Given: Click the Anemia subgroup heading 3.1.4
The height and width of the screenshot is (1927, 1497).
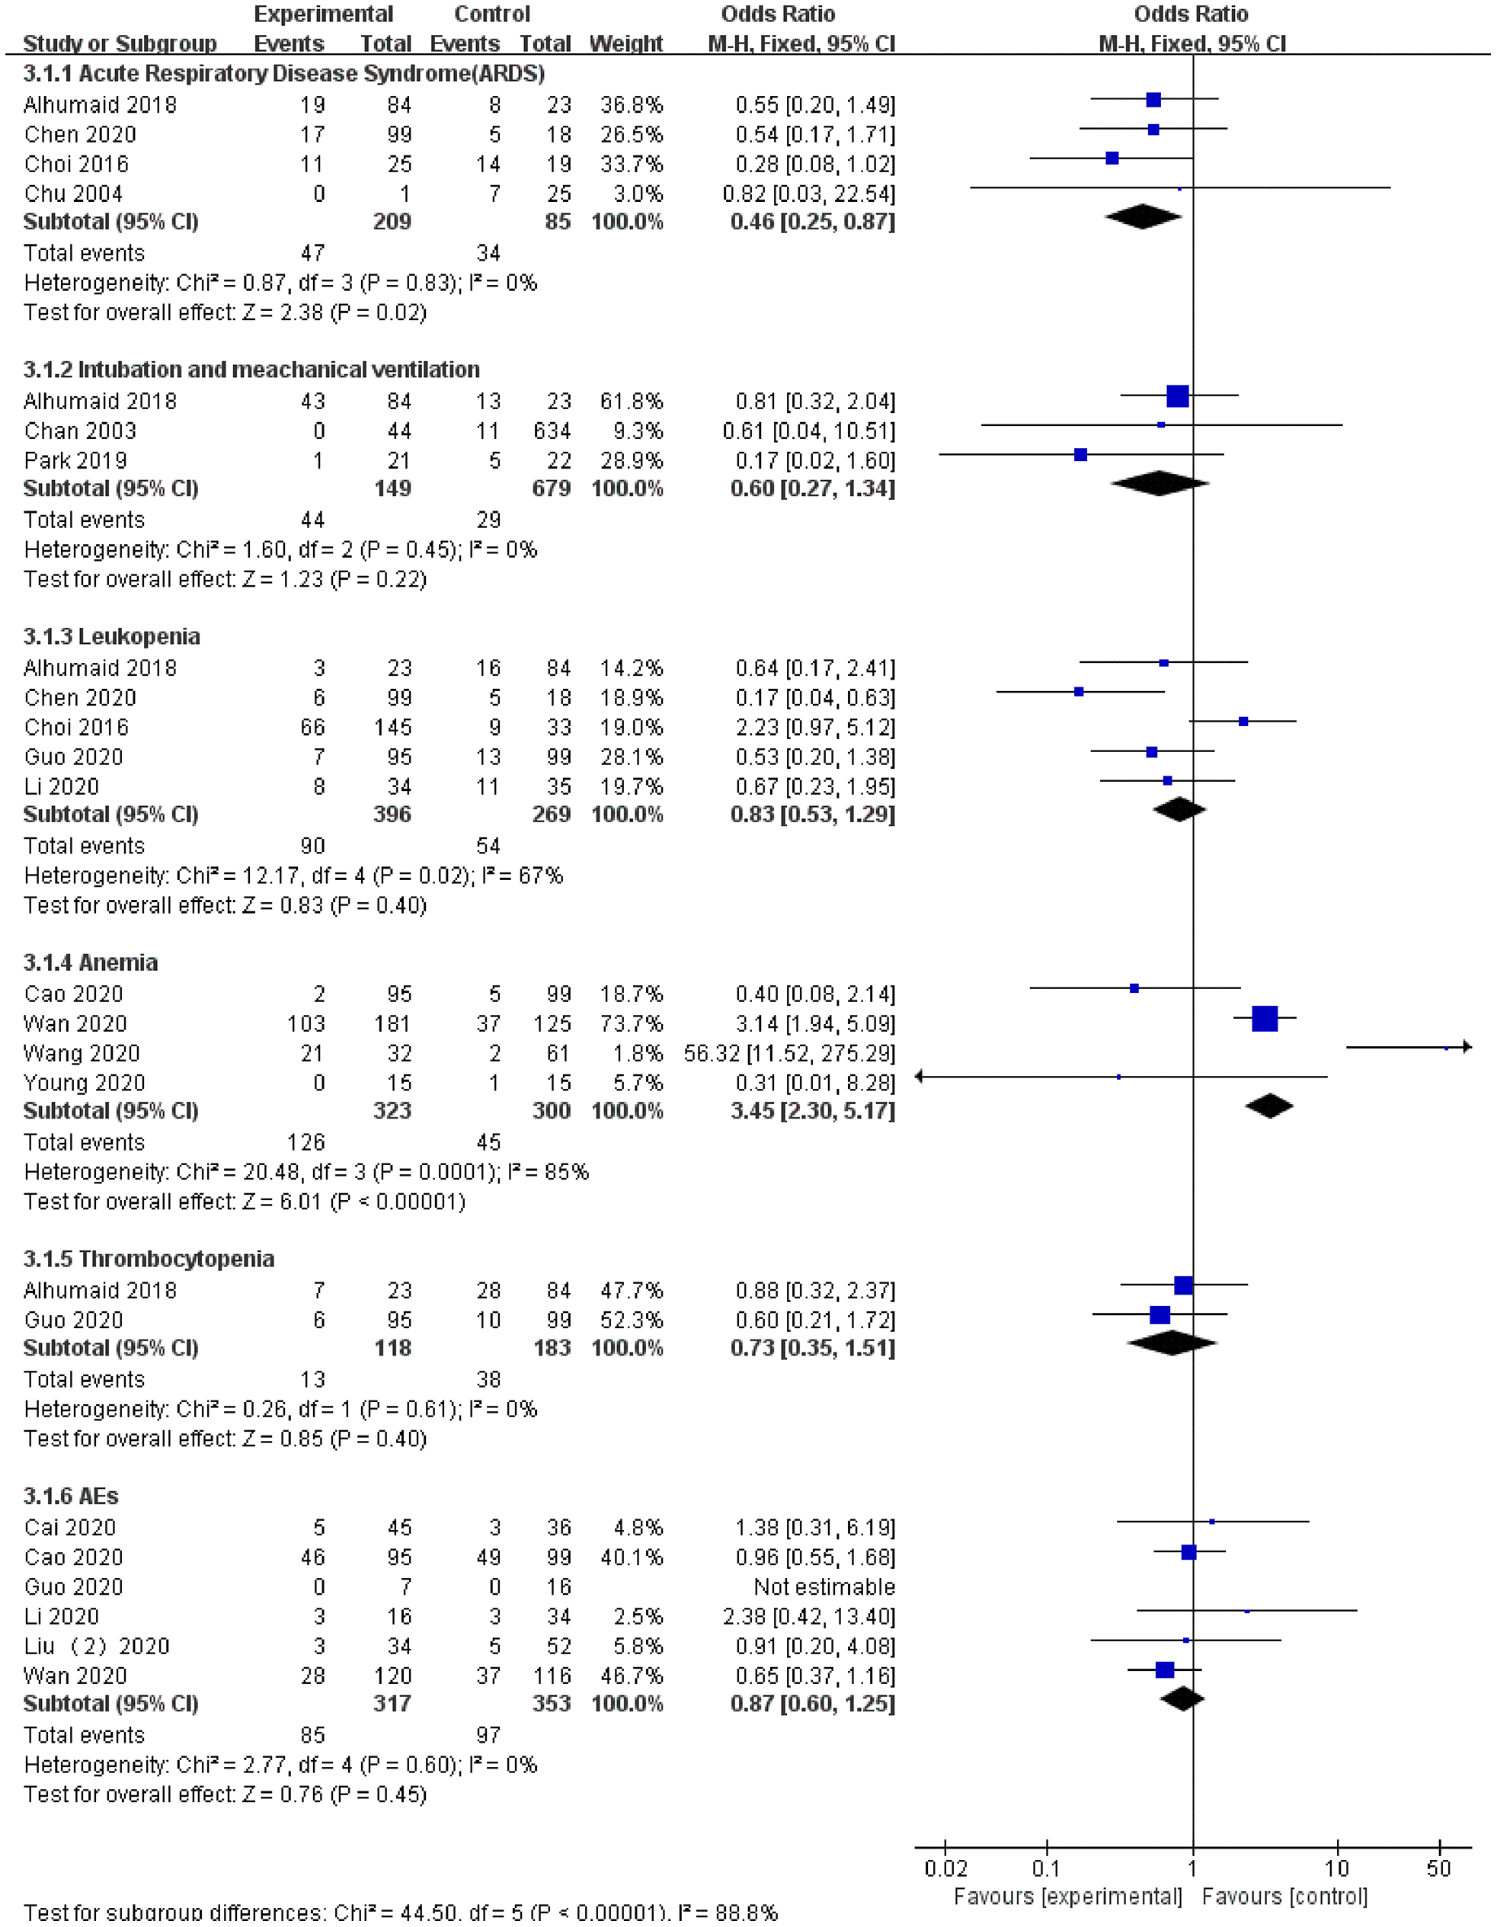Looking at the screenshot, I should tap(90, 962).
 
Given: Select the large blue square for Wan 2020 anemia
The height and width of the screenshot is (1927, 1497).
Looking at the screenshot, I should tap(1264, 1018).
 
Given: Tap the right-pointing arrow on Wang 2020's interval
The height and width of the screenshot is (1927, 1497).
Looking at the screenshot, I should tap(1466, 1048).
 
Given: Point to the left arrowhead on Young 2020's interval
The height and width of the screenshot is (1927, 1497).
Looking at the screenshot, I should tap(920, 1077).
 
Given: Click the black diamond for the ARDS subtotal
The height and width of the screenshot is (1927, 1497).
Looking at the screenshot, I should tap(1143, 216).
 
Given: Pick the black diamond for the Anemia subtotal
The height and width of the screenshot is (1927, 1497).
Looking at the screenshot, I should tap(1269, 1106).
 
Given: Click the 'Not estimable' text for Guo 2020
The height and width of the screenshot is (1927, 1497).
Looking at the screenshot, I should tap(824, 1586).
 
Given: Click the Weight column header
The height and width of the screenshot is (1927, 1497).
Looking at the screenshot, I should tap(625, 43).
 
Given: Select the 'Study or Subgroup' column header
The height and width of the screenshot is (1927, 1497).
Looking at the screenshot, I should tap(120, 43).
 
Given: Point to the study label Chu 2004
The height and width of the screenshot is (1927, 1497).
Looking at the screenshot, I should tap(73, 194).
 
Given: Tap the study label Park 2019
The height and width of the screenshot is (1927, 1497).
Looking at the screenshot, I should tap(75, 460).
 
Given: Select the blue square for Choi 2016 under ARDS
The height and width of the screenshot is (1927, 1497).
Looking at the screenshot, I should tap(1112, 158).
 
